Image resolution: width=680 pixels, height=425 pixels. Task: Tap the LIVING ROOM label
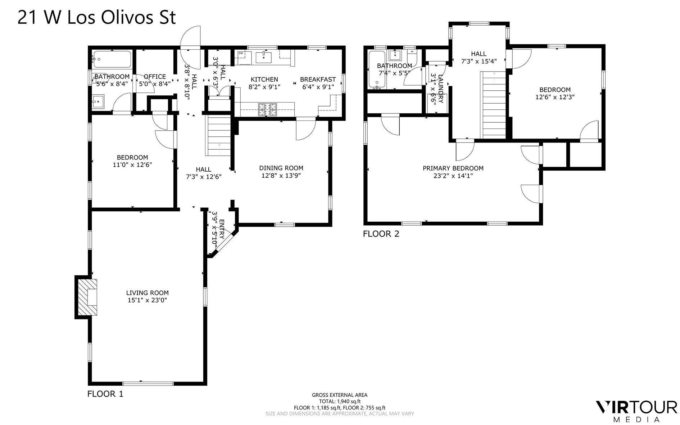(147, 293)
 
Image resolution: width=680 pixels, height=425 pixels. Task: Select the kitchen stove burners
(267, 109)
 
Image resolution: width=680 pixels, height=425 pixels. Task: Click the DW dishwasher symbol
(241, 54)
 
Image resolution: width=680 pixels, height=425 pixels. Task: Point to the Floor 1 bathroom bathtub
(112, 59)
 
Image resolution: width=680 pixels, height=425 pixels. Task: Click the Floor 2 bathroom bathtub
(377, 69)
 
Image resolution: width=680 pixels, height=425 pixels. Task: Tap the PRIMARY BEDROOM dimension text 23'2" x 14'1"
(453, 176)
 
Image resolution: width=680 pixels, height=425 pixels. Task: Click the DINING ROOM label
(281, 168)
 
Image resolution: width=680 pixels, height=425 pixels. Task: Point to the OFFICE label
(155, 77)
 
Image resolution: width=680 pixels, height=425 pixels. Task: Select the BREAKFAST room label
(318, 79)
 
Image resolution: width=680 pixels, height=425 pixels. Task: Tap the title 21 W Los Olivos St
(96, 17)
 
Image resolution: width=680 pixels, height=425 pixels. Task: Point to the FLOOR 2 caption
(381, 234)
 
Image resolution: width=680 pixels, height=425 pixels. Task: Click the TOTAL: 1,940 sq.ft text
(339, 401)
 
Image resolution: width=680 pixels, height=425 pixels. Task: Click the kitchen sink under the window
(264, 57)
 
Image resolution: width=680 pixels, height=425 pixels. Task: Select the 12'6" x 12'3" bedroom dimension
(555, 97)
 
